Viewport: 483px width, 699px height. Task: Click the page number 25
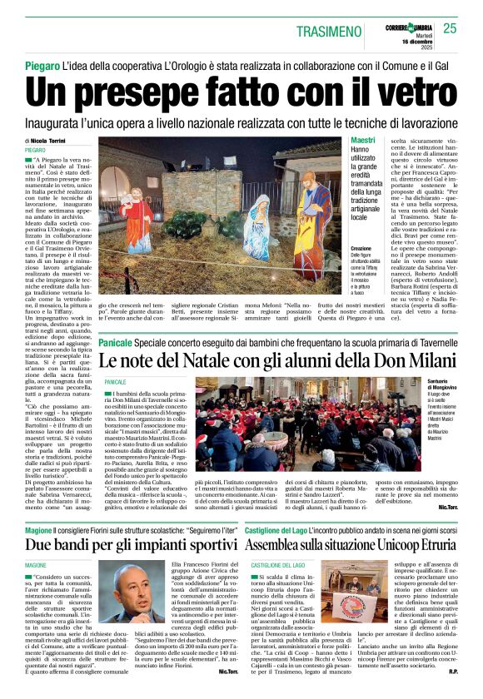[x=450, y=28]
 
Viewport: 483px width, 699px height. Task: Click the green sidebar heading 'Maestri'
[x=362, y=141]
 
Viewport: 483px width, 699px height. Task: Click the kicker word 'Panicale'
[x=116, y=343]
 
